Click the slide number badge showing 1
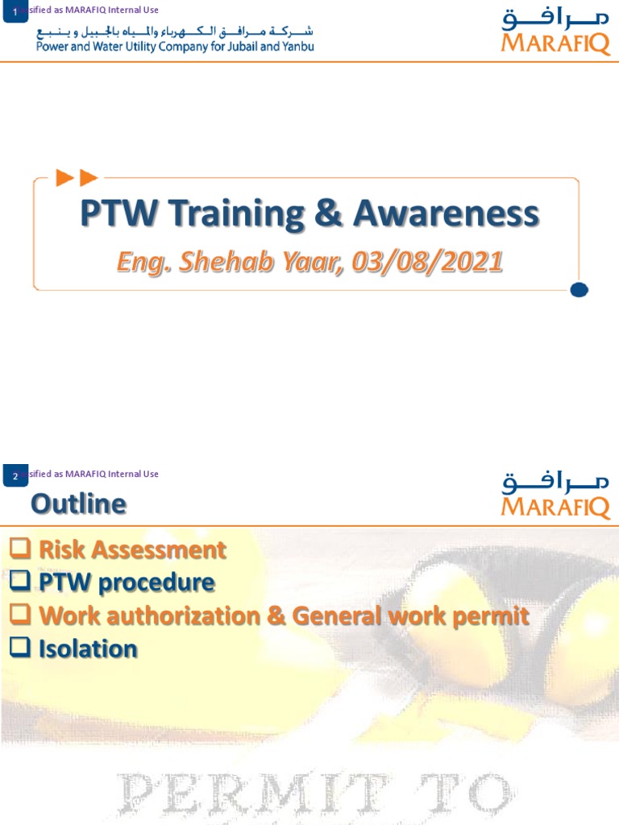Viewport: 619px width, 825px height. (15, 11)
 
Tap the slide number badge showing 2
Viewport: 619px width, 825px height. (15, 476)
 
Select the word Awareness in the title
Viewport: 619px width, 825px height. (446, 215)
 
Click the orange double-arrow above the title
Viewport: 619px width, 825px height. (77, 178)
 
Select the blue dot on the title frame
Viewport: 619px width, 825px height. (578, 289)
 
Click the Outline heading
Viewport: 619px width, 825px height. (78, 504)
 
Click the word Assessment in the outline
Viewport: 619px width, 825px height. (164, 550)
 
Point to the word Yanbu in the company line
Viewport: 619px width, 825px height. (297, 46)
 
